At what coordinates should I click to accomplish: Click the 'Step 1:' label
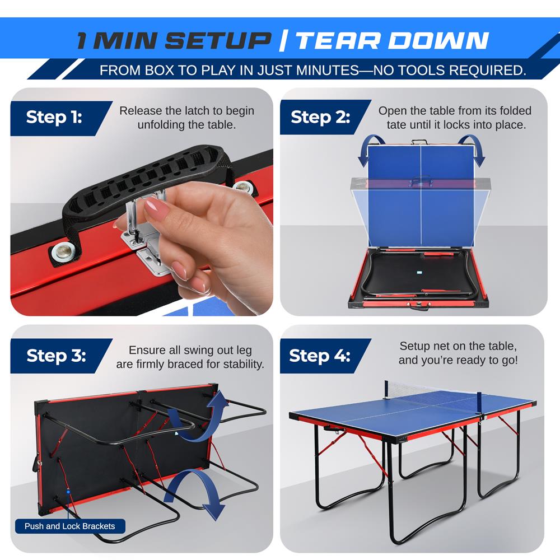(x=54, y=118)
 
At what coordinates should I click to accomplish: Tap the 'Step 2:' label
(x=320, y=118)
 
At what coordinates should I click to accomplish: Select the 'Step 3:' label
(x=56, y=356)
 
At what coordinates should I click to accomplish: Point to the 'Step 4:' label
(x=319, y=356)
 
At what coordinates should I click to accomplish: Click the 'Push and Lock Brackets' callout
(x=69, y=526)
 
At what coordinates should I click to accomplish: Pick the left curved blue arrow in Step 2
(x=364, y=150)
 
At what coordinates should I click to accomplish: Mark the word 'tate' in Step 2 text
(x=396, y=124)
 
